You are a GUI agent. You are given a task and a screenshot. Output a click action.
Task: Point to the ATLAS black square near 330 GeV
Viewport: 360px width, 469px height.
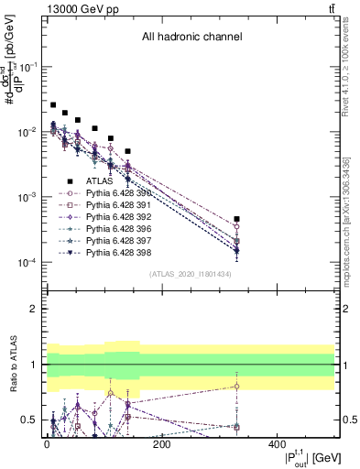tap(236, 219)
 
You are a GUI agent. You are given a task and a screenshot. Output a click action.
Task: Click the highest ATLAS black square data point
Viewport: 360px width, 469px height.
tap(53, 105)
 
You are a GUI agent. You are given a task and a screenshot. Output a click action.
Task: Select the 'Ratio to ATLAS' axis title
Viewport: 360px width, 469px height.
tap(14, 364)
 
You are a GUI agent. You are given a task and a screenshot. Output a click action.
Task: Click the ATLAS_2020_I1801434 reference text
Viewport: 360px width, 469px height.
tap(191, 274)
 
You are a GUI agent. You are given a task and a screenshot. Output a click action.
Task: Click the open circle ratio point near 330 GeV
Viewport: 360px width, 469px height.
tap(236, 386)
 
